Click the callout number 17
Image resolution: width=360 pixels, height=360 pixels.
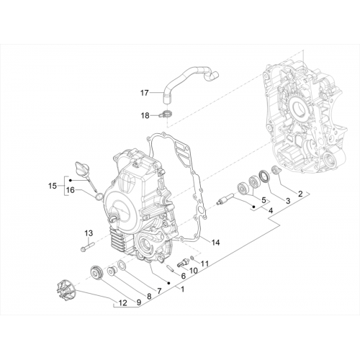pos(144,93)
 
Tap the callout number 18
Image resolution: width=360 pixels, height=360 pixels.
pos(145,116)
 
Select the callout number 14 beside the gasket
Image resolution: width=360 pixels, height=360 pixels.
pos(215,243)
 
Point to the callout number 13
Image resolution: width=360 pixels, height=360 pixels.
pos(89,233)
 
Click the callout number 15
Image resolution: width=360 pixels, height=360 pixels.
pos(53,186)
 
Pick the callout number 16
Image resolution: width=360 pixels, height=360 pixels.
pos(71,190)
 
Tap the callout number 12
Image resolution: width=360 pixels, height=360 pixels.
pos(122,303)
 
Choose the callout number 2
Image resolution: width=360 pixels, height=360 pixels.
pos(300,194)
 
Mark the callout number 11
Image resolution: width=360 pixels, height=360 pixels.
pos(204,264)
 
